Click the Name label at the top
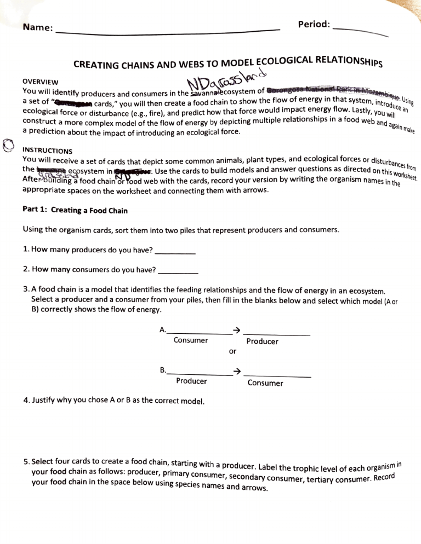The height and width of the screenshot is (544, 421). [37, 27]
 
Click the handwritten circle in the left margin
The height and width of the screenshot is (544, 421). [8, 144]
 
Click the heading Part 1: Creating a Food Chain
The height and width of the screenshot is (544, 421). [75, 210]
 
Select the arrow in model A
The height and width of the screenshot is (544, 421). [236, 329]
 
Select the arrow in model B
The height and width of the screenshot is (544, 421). [236, 372]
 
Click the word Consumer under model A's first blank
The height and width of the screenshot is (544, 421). [191, 340]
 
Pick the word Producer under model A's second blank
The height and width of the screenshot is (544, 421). [262, 342]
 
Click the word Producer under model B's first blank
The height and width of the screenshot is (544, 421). [191, 381]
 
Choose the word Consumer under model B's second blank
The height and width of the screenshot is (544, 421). [265, 383]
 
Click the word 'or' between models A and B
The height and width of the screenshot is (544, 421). [233, 351]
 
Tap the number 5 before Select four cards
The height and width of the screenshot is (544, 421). [26, 462]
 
